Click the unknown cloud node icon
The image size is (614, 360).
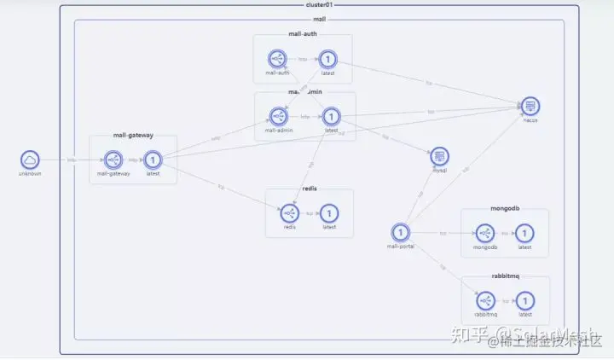pos(30,160)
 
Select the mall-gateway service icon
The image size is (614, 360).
pos(113,160)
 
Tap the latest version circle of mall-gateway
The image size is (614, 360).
pos(153,160)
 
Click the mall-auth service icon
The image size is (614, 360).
pos(277,59)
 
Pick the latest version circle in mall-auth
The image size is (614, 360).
pos(328,59)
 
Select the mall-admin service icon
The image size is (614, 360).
pos(278,116)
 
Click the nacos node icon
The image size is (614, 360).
pos(530,107)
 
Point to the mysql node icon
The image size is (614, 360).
pos(440,156)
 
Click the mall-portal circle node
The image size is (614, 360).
pos(400,232)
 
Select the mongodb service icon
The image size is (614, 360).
pos(485,233)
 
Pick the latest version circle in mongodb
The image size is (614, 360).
pos(525,233)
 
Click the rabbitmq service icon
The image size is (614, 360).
pos(485,300)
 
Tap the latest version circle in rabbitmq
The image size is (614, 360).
pos(525,300)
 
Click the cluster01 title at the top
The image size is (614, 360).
pos(318,4)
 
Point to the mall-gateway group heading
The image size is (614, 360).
pos(133,135)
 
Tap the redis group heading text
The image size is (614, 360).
pos(310,188)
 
